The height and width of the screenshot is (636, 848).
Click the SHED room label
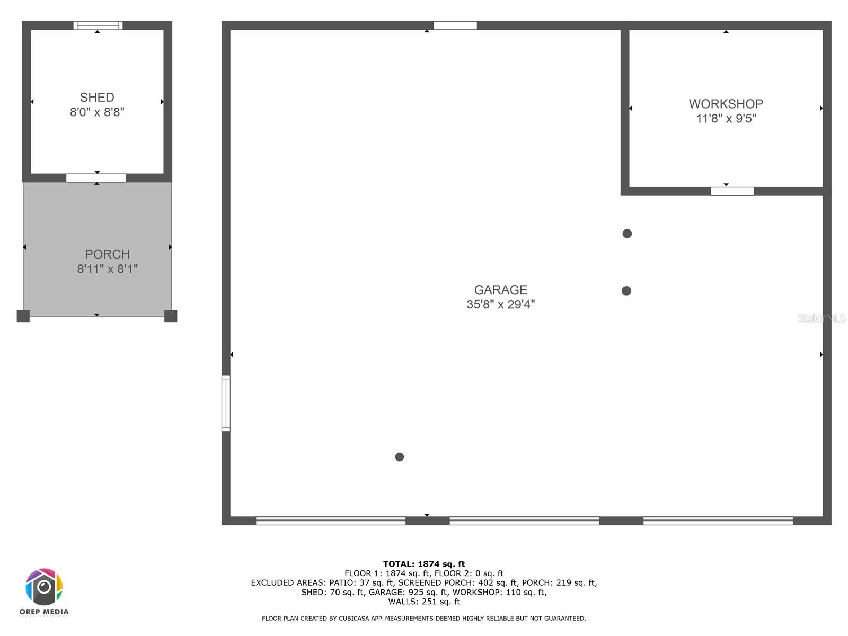coord(97,98)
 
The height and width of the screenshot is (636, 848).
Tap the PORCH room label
coord(108,254)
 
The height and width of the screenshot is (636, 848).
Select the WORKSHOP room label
coord(726,104)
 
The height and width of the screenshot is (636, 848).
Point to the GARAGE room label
coord(500,290)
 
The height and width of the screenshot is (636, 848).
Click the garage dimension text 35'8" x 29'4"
coord(500,304)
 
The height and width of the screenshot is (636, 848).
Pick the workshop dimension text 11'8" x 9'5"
coord(726,118)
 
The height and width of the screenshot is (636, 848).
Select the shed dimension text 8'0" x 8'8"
coord(97,112)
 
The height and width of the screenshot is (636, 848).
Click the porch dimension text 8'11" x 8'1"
coord(108,269)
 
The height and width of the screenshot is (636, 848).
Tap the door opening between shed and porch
coord(96,178)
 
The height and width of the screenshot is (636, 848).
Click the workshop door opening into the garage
coord(732,191)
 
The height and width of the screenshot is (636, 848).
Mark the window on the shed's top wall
coord(98,25)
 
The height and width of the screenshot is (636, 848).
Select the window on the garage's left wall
coord(226,403)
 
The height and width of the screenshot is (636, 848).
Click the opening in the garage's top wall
coord(455,25)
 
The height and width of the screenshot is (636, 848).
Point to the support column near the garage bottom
coord(400,457)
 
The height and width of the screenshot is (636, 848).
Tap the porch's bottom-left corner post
coord(23,316)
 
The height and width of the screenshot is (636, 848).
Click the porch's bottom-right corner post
coord(171,316)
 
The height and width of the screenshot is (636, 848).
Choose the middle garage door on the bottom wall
coord(524,521)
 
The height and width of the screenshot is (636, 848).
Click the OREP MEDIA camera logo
coord(44,587)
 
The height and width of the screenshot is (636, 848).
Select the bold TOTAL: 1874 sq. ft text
coord(424,564)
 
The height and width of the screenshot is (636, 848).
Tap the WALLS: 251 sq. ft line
coord(424,602)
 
